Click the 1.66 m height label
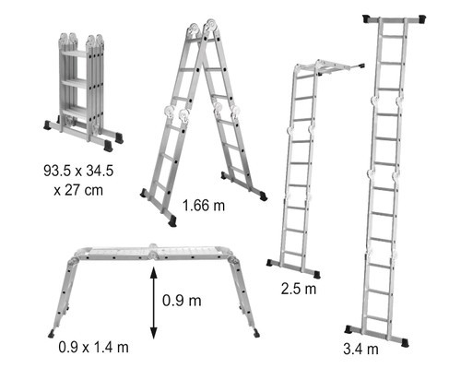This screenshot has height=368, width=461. click(204, 206)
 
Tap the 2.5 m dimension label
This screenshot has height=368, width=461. click(299, 289)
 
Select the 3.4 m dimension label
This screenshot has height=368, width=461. click(361, 349)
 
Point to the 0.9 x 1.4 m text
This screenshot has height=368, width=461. click(93, 347)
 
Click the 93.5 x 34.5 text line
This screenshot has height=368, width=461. click(78, 171)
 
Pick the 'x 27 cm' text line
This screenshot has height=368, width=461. click(78, 190)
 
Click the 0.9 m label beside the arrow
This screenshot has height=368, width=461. click(182, 301)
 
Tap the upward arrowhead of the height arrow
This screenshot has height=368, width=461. click(154, 272)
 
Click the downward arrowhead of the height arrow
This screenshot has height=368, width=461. click(154, 333)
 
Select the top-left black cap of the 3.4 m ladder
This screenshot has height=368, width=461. click(367, 18)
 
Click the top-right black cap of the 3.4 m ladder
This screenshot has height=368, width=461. click(421, 18)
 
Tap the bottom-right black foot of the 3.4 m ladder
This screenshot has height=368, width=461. click(405, 342)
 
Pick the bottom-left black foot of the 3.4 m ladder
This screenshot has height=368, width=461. click(349, 329)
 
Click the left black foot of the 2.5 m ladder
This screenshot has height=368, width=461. click(270, 262)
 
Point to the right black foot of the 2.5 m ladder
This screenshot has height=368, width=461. click(316, 274)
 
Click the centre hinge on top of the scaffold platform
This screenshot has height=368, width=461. click(153, 251)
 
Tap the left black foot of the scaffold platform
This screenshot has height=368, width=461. click(52, 334)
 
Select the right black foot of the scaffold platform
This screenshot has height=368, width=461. click(256, 333)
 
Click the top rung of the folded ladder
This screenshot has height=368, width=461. click(74, 53)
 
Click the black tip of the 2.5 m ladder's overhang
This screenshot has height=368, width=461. click(361, 65)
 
